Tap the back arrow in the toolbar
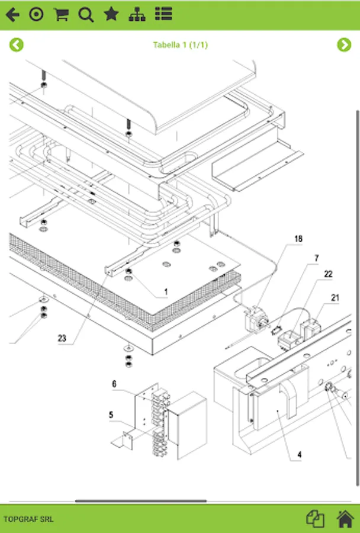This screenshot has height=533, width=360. click(12, 15)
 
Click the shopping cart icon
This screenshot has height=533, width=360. click(61, 15)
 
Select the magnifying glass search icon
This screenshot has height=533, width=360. click(86, 15)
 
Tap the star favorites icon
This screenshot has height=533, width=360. click(111, 14)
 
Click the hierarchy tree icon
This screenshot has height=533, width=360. click(137, 15)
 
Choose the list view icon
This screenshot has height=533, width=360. click(163, 14)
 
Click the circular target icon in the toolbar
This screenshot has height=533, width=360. click(36, 15)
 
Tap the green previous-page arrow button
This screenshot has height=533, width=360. click(17, 45)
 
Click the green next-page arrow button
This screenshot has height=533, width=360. click(344, 45)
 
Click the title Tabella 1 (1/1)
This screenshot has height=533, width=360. click(180, 45)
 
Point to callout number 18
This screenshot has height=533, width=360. click(298, 239)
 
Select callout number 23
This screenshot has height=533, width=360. click(62, 338)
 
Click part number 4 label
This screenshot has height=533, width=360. click(300, 455)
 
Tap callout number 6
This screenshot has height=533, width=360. click(114, 384)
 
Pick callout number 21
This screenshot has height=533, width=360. click(335, 298)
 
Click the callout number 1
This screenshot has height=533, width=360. click(166, 292)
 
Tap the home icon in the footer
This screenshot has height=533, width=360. click(345, 519)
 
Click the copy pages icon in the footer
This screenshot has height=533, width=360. click(315, 519)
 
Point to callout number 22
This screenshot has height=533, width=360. click(328, 274)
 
